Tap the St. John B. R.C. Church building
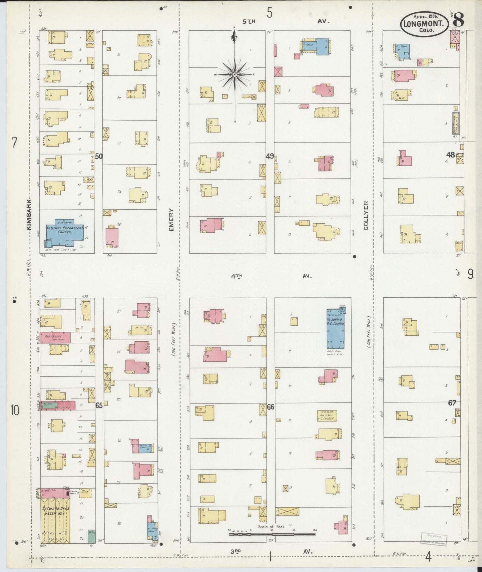click(x=335, y=329)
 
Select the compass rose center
click(x=234, y=74)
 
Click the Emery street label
click(x=171, y=220)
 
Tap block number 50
click(x=99, y=156)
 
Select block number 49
click(x=270, y=156)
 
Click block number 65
click(x=99, y=405)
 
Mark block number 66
click(x=270, y=407)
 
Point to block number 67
click(x=452, y=403)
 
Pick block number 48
click(x=451, y=155)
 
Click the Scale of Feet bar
click(x=272, y=534)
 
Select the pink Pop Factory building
click(x=55, y=337)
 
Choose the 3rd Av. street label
click(x=271, y=552)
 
